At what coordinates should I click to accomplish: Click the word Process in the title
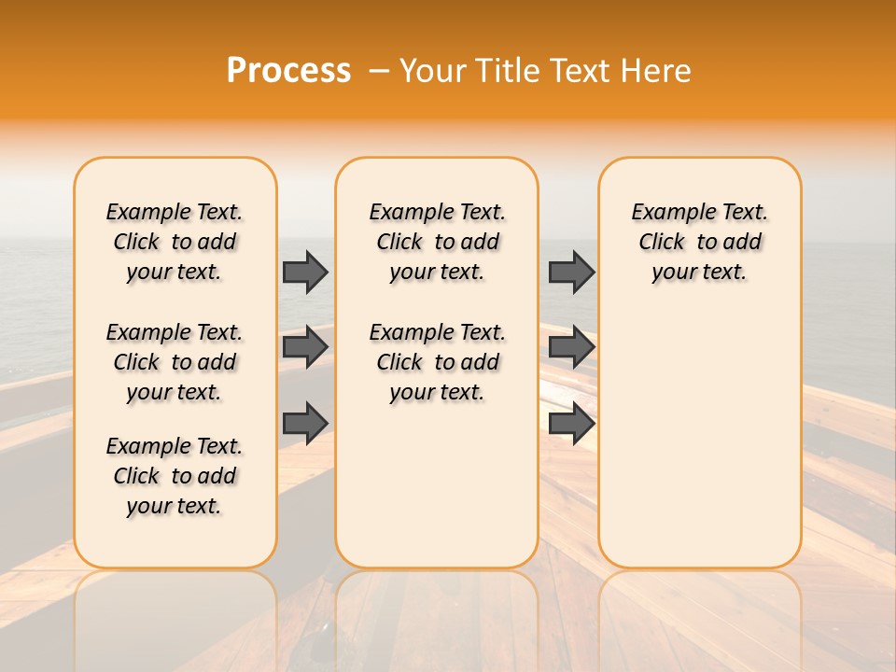pyautogui.click(x=288, y=70)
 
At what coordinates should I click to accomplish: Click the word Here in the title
pyautogui.click(x=657, y=70)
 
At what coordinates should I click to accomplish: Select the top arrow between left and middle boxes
pyautogui.click(x=305, y=272)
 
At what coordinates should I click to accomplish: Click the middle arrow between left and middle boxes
pyautogui.click(x=305, y=347)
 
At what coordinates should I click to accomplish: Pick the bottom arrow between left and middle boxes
pyautogui.click(x=305, y=424)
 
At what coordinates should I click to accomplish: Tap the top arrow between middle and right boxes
pyautogui.click(x=571, y=272)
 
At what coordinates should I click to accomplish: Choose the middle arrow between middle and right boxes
pyautogui.click(x=571, y=347)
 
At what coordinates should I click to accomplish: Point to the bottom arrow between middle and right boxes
pyautogui.click(x=571, y=424)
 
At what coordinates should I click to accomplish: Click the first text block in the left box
pyautogui.click(x=175, y=242)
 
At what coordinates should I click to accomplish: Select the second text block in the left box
pyautogui.click(x=175, y=362)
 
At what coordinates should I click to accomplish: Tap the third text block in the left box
pyautogui.click(x=175, y=476)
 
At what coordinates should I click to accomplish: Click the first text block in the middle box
pyautogui.click(x=437, y=242)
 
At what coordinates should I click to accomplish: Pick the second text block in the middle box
pyautogui.click(x=437, y=362)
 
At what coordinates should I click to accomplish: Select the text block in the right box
pyautogui.click(x=699, y=242)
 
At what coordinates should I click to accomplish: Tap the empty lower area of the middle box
pyautogui.click(x=437, y=485)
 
